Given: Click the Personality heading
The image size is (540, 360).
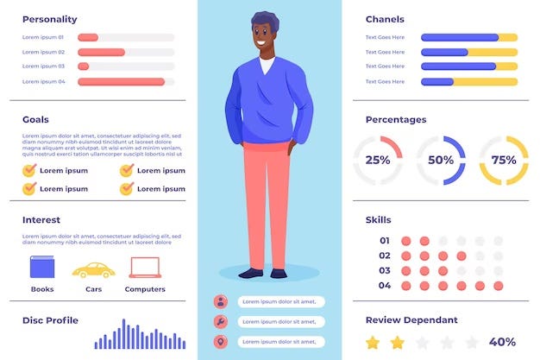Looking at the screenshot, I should (x=49, y=19).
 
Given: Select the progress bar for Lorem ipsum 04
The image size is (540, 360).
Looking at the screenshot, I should (x=126, y=82).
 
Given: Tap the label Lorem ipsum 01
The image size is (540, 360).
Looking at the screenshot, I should (x=43, y=38).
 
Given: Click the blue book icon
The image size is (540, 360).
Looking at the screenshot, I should (x=42, y=268).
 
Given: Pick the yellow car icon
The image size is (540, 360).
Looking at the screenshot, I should (x=92, y=269).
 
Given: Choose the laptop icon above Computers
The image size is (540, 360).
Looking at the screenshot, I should (x=144, y=268).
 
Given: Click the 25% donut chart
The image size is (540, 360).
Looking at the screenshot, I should (x=378, y=160).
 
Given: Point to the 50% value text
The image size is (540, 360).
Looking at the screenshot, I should (x=441, y=160).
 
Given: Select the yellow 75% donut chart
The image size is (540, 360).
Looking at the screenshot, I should (x=504, y=160).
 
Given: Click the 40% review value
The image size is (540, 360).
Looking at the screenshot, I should (x=503, y=342).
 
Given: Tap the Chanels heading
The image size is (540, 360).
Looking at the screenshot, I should (x=385, y=19).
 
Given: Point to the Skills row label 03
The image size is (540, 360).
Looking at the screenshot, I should (x=385, y=270).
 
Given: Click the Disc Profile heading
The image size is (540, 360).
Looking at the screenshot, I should (x=50, y=320).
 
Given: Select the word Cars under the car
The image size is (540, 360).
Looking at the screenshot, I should (x=93, y=289).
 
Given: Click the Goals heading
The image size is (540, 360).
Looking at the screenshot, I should (x=35, y=120).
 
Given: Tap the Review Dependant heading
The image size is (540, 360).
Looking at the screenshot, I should (x=410, y=319).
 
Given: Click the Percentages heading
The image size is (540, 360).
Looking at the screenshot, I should (x=396, y=120).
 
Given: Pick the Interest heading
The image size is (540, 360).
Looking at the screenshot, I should (x=41, y=220).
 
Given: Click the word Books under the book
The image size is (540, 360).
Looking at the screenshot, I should (x=42, y=289).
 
